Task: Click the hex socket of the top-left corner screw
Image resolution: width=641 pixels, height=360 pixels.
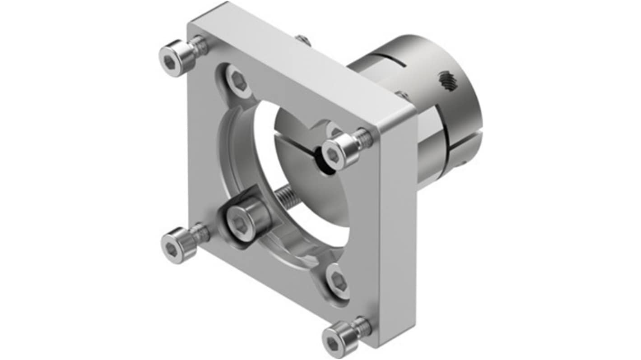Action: coord(170,62)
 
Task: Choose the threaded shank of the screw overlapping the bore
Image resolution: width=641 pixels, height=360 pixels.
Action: coord(364,138)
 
